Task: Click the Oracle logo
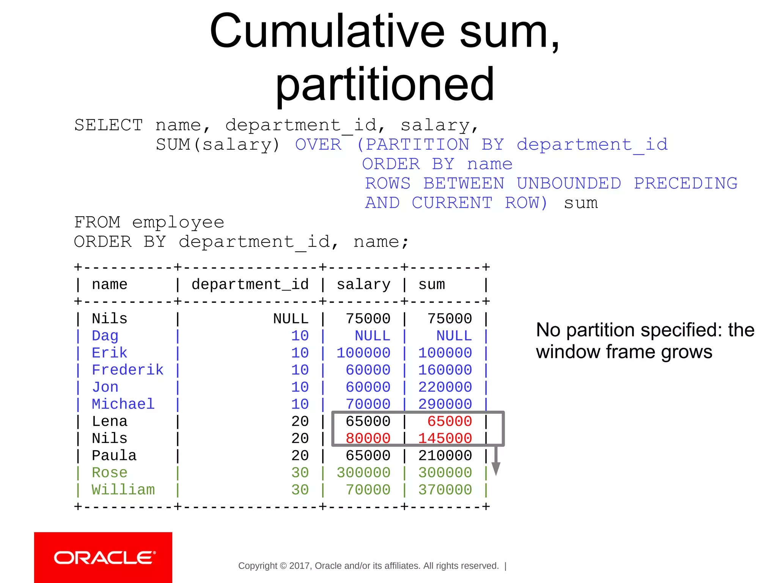103,558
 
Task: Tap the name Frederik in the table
127,370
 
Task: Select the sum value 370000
445,490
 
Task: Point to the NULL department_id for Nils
291,319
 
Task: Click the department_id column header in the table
250,285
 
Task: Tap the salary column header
363,285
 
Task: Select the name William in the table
123,490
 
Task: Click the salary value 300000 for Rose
363,473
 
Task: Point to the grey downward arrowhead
496,469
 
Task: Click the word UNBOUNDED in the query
569,183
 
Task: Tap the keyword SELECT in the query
109,125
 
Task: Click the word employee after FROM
178,222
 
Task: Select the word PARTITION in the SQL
417,145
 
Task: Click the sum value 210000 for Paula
445,456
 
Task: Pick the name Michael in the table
123,404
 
